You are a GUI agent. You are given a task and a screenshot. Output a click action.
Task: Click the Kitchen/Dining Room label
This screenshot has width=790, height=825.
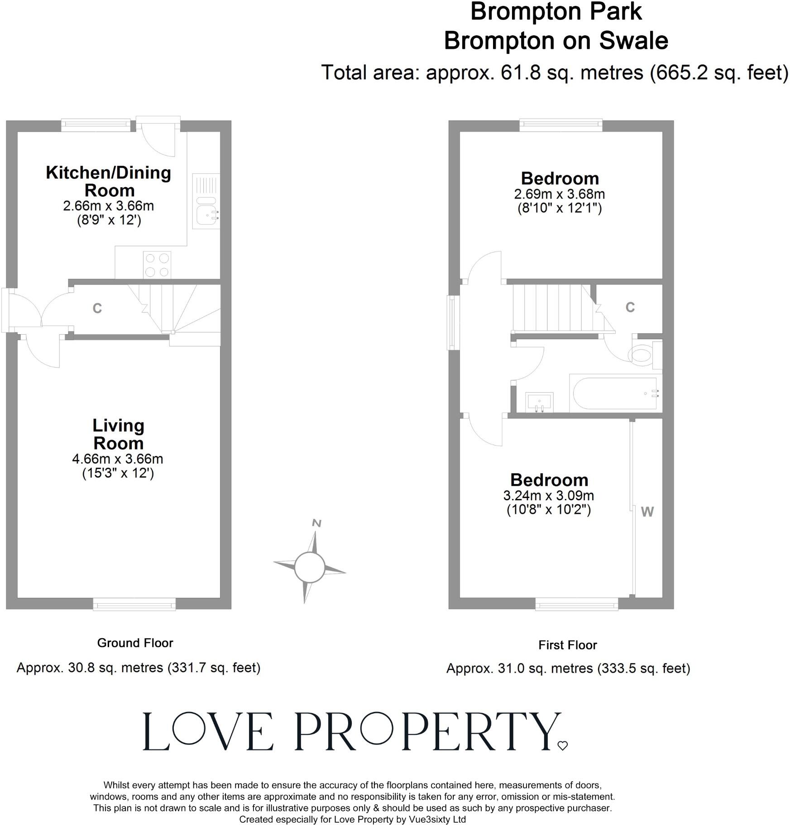coord(109,181)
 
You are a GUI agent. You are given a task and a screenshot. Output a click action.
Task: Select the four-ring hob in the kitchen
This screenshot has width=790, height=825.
coord(157,265)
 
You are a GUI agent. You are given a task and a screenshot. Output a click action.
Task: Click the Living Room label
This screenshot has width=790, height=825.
coord(118,434)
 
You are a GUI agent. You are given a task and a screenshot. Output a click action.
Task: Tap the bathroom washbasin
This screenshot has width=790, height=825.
coord(540,402)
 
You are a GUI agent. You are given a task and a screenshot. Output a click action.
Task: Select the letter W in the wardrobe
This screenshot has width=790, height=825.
coord(647,512)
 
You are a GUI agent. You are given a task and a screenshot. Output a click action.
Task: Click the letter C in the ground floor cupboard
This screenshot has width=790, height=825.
coord(97,308)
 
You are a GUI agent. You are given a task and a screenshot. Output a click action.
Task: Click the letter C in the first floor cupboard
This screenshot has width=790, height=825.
coord(630,307)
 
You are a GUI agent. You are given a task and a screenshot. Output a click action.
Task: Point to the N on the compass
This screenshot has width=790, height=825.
coord(317,523)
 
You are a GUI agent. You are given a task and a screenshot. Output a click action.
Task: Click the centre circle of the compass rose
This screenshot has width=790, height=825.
coord(310,567)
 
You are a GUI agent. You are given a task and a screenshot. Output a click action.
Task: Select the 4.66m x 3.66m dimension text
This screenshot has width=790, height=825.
coord(118,459)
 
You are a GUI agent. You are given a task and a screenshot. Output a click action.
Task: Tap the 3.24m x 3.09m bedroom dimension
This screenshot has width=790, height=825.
coord(549,495)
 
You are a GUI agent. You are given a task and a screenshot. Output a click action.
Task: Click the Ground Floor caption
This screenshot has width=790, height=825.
coord(135,643)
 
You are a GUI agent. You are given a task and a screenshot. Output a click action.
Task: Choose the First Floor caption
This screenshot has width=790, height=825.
coord(567,645)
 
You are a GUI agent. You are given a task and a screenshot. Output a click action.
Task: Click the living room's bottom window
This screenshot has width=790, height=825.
coord(134,604)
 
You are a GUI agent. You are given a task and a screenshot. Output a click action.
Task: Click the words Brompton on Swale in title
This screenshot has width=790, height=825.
coord(555,41)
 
